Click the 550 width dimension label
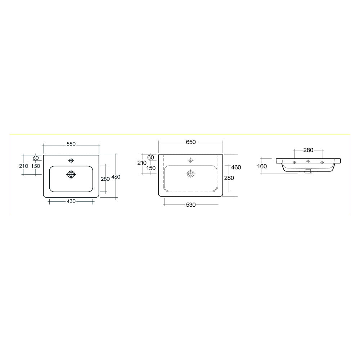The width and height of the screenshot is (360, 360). [71, 144]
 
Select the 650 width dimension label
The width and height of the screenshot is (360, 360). [190, 142]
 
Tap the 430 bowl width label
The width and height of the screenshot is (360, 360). [71, 201]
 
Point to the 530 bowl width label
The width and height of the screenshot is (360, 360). [190, 205]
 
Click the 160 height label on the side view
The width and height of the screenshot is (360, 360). [262, 166]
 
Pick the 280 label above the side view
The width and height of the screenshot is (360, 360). [309, 150]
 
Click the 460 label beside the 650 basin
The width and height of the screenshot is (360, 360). [236, 167]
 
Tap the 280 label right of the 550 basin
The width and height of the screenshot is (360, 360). [105, 179]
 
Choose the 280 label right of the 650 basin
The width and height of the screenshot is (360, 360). [229, 178]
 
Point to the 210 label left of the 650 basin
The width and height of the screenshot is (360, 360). [142, 163]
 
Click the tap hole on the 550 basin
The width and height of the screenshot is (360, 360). [71, 161]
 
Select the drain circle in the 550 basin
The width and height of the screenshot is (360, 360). [71, 174]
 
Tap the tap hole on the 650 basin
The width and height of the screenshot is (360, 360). [190, 160]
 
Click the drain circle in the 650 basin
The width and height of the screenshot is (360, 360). [190, 174]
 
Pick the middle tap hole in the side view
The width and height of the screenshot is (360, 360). [308, 162]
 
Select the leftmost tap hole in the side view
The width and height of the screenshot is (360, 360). [294, 163]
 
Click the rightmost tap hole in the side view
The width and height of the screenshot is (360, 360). [322, 163]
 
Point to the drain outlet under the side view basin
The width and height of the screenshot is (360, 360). [308, 172]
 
